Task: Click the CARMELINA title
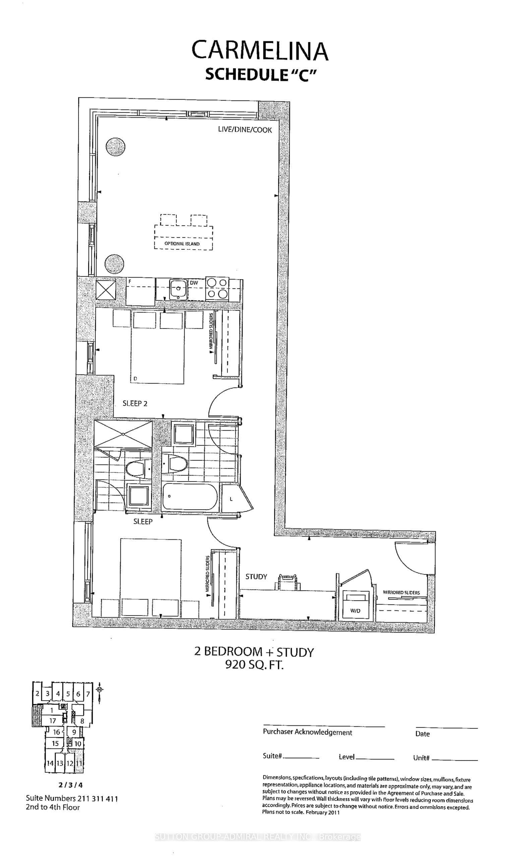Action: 260,51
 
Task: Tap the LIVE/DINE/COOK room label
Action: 245,130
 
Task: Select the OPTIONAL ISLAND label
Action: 182,244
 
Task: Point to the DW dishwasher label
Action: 194,283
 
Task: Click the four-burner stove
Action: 217,289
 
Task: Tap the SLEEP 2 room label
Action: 135,403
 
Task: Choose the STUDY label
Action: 256,577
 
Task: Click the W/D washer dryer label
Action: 355,611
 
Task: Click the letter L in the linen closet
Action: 231,499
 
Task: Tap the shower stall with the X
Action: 123,434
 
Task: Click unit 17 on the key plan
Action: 52,721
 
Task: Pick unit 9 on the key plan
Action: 74,732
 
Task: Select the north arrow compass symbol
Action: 100,689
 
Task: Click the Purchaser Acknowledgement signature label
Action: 308,732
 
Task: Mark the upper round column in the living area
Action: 115,147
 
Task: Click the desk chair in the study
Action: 288,582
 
